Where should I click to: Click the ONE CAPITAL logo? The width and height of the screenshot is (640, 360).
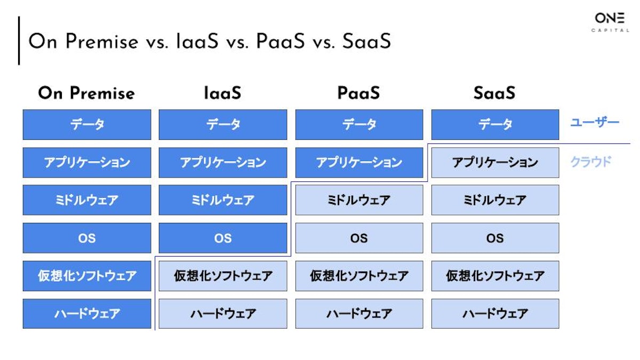click(610, 22)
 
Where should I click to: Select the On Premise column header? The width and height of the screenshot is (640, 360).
click(86, 93)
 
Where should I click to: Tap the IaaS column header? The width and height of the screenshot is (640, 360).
click(222, 93)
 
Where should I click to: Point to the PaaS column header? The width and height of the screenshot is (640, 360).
click(358, 93)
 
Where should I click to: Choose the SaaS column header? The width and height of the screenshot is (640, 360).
click(494, 93)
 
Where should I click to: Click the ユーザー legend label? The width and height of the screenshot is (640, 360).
click(595, 123)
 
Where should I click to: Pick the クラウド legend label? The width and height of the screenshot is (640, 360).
click(590, 162)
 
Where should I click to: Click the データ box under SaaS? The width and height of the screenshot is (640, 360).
click(495, 125)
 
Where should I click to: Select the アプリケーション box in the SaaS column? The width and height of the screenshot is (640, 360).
click(495, 163)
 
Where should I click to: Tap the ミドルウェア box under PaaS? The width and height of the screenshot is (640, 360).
click(359, 200)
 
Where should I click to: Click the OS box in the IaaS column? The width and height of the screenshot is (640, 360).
click(223, 238)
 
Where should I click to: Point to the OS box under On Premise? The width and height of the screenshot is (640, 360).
click(87, 238)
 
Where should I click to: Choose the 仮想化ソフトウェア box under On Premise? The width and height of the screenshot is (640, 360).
click(87, 276)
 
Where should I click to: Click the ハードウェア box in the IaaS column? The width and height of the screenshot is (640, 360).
click(223, 314)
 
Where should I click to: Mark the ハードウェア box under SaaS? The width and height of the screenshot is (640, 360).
click(495, 314)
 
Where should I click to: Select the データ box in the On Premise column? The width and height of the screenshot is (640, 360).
click(87, 125)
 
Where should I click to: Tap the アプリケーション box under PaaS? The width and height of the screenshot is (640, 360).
click(359, 163)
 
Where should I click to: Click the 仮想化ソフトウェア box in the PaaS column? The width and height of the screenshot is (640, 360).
click(359, 276)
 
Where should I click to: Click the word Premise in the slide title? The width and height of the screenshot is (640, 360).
click(102, 42)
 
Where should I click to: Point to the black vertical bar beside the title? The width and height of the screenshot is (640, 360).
click(19, 41)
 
